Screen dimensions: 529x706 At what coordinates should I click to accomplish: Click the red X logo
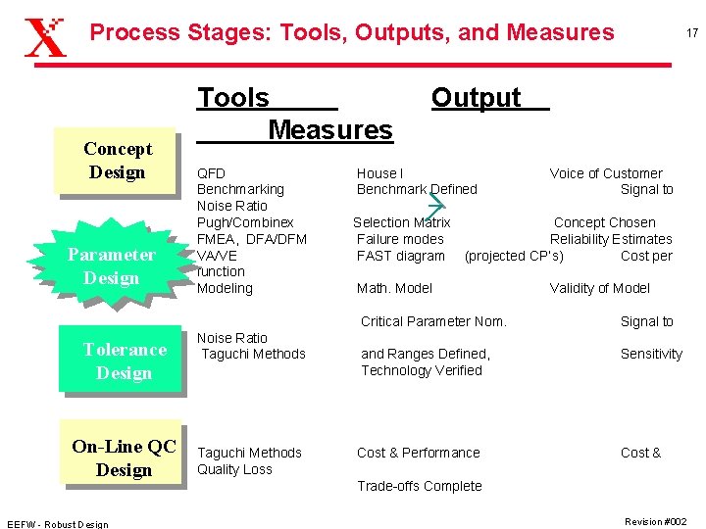tap(45, 36)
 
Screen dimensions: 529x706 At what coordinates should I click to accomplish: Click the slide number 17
tap(691, 33)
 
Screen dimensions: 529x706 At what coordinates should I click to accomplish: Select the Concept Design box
tap(117, 161)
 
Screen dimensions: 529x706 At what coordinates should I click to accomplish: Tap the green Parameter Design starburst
tap(111, 266)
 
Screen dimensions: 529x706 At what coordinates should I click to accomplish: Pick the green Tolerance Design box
tap(123, 361)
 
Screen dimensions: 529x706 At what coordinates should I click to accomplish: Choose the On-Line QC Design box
tap(124, 457)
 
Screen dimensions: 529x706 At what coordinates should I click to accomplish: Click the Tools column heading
tap(233, 98)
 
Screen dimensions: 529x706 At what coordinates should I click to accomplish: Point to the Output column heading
tap(477, 98)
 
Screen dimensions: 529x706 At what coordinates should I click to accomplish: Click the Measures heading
tap(329, 129)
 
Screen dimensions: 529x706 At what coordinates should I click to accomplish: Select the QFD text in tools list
tap(211, 173)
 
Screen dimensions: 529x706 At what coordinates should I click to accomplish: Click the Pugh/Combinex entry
tap(245, 222)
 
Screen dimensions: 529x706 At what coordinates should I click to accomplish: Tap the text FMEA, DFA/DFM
tap(252, 239)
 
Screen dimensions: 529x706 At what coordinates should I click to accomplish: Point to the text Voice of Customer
tap(605, 173)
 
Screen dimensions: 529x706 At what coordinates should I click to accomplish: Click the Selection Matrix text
tap(401, 222)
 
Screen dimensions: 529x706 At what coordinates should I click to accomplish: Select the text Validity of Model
tap(599, 288)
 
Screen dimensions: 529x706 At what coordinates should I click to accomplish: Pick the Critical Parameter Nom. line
tap(433, 321)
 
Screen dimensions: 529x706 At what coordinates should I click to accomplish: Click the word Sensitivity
tap(650, 354)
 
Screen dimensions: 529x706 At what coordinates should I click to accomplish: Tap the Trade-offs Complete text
tap(419, 486)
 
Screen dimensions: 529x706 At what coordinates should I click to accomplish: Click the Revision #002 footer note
tap(655, 521)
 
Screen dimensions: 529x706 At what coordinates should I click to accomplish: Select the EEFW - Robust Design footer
tap(57, 523)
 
